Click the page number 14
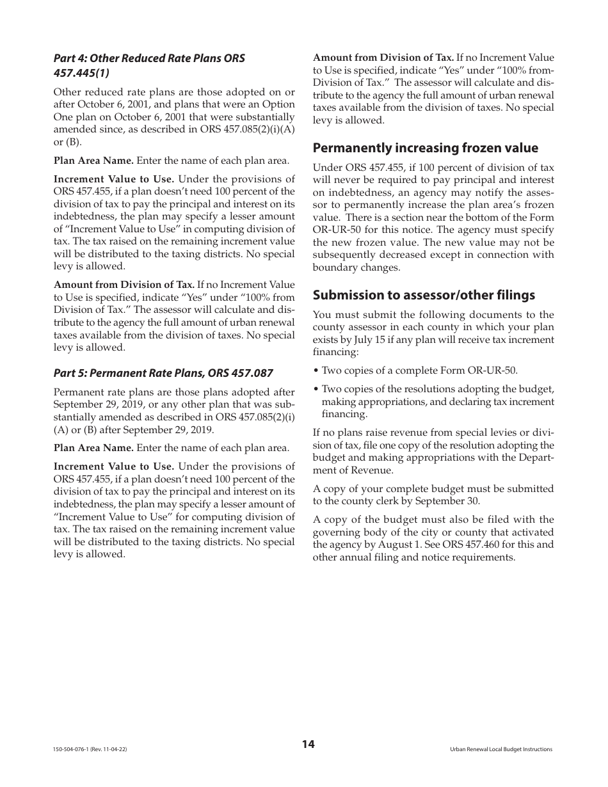coord(308,744)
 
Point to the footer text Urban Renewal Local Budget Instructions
coord(501,749)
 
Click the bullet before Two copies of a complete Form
coord(316,370)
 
